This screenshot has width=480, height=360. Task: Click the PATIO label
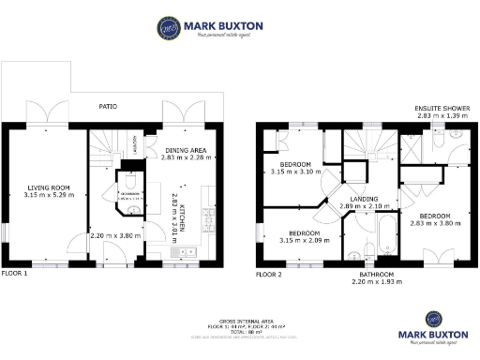point(109,107)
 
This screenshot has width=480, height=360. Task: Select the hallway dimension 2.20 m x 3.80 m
point(114,235)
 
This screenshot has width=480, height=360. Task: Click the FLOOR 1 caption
point(14,274)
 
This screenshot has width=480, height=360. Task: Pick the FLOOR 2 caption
point(269,275)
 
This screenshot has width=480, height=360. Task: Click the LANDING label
point(364,198)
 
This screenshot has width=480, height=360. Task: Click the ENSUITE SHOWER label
point(442,109)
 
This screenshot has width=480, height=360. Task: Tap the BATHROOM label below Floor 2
point(371,274)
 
